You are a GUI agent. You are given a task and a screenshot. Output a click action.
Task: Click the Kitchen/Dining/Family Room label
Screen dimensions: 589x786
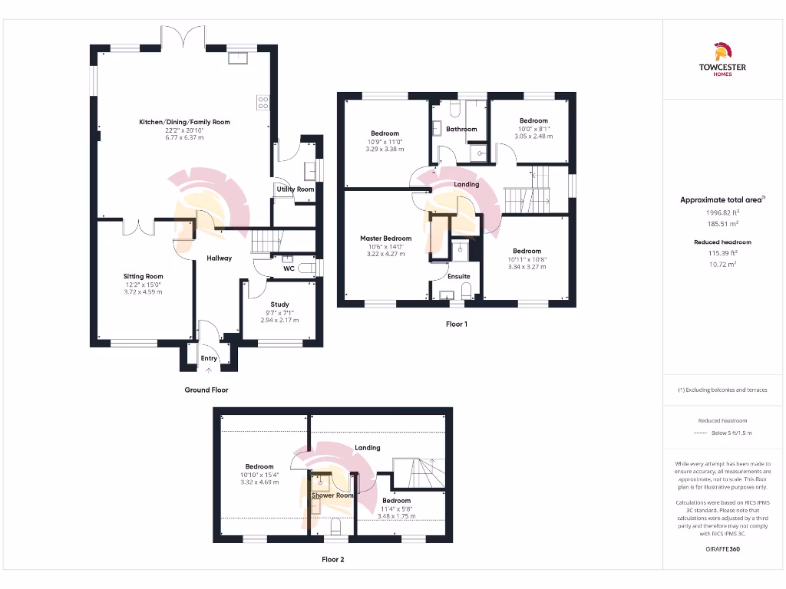coord(184,122)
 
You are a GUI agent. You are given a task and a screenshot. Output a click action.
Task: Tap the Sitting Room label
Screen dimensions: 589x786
coord(144,276)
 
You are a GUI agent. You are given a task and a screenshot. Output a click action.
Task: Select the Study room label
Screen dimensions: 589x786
coord(279,304)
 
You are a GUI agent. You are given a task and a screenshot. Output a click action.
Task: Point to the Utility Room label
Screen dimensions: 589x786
coord(296,189)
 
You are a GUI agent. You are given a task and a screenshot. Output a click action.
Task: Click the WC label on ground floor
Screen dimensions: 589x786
coord(289,268)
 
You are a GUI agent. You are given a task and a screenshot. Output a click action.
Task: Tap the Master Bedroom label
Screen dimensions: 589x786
coord(385,239)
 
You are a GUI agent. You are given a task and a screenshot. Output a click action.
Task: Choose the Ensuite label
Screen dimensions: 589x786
coord(459,276)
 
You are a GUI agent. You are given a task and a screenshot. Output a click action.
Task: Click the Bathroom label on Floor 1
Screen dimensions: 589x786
coord(461,129)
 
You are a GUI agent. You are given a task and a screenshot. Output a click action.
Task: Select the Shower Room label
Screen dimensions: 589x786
coord(332,495)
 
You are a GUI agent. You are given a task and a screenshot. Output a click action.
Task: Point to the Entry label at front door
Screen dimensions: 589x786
coord(209,358)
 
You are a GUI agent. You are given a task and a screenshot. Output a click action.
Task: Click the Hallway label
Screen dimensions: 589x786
coord(219,258)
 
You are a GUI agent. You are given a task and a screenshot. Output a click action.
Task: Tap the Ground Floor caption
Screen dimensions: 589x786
coord(206,390)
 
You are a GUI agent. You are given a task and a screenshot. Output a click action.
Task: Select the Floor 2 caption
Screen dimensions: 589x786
coord(332,559)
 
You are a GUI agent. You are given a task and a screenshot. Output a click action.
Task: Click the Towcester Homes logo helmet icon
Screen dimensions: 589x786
coord(722,51)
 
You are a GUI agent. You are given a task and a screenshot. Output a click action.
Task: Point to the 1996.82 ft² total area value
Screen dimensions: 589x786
coord(722,212)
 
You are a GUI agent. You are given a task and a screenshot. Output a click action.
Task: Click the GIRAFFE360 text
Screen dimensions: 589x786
coord(722,549)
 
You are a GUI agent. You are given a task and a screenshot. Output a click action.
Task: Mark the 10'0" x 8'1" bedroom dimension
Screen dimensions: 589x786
coord(533,129)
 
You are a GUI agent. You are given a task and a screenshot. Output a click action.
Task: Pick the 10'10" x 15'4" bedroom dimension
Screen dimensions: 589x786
coord(259,475)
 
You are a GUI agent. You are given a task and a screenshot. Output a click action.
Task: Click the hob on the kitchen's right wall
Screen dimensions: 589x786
coord(263,102)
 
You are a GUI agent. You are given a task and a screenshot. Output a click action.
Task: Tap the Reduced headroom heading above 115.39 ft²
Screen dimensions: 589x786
coord(722,242)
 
